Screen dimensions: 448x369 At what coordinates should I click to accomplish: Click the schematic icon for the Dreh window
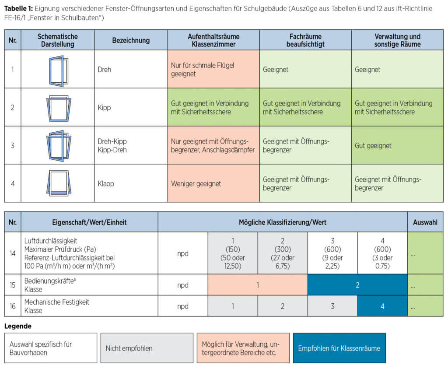tap(59, 71)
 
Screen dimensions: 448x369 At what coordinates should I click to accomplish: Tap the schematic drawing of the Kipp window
tap(59, 108)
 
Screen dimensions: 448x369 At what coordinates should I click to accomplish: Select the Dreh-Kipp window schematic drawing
tap(59, 146)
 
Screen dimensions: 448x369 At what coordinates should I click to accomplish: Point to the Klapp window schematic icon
tap(59, 183)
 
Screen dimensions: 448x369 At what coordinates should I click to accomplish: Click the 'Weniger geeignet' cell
tap(213, 183)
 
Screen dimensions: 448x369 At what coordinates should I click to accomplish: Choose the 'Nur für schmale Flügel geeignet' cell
tap(213, 69)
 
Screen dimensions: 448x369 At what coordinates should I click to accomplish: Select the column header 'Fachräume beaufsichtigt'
tap(305, 40)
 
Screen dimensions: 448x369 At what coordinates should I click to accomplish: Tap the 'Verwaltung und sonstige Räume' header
tap(397, 40)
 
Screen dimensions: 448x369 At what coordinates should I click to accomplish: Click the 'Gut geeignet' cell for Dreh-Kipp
tap(397, 145)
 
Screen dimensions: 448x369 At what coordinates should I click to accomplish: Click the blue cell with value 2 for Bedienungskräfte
tap(357, 285)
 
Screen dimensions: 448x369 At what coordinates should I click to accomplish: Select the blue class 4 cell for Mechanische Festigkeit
tap(382, 306)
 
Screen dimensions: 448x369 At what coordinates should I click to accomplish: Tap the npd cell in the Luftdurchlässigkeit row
tap(183, 253)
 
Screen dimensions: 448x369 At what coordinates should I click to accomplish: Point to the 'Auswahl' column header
tap(425, 222)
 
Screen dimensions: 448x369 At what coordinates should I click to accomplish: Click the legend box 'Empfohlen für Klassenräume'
tap(339, 348)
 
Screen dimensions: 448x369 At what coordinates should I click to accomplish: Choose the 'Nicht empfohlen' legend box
tap(147, 348)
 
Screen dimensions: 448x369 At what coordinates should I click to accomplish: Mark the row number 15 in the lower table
tap(13, 285)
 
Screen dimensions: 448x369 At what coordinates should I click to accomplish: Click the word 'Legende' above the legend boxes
tap(17, 326)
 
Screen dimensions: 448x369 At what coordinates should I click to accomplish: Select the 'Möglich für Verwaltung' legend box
tap(243, 348)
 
